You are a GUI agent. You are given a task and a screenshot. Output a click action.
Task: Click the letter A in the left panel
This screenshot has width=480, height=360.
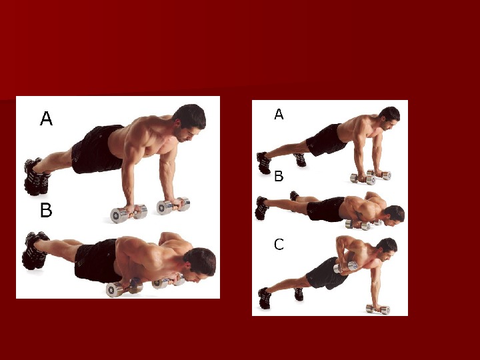(46, 119)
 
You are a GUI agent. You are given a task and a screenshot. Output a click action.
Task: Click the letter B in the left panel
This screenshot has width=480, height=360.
(46, 210)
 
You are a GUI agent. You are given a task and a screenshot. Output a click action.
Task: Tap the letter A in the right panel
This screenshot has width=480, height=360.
(279, 114)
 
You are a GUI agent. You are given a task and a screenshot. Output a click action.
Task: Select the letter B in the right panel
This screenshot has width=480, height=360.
(279, 176)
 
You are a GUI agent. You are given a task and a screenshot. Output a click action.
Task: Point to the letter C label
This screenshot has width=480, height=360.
(279, 245)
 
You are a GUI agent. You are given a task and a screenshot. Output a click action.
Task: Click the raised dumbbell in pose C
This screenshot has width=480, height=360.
(345, 267)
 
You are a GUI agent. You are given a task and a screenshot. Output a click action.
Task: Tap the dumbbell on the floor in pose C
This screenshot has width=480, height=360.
(379, 309)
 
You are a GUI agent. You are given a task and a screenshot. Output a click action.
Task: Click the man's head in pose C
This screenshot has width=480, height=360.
(387, 249)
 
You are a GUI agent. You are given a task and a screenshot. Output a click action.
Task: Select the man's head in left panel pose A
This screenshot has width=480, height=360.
(190, 122)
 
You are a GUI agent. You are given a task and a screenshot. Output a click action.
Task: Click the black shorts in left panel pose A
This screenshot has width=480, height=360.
(97, 149)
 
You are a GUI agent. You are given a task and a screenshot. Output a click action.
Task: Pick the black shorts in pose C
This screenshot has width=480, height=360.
(326, 273)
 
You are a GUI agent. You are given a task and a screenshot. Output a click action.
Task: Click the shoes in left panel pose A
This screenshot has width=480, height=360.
(36, 177)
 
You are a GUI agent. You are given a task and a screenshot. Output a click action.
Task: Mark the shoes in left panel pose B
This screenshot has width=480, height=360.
(35, 251)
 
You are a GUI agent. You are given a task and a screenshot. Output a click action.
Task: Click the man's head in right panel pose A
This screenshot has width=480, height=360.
(390, 117)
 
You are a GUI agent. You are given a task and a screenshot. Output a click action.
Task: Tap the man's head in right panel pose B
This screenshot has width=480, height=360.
(394, 215)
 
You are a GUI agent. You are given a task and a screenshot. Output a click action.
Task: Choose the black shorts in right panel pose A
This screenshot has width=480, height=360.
(326, 139)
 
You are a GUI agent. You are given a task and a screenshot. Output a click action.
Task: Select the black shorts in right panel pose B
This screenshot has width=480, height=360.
(325, 209)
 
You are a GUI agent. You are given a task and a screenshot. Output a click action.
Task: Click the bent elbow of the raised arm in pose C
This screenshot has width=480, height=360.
(340, 240)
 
